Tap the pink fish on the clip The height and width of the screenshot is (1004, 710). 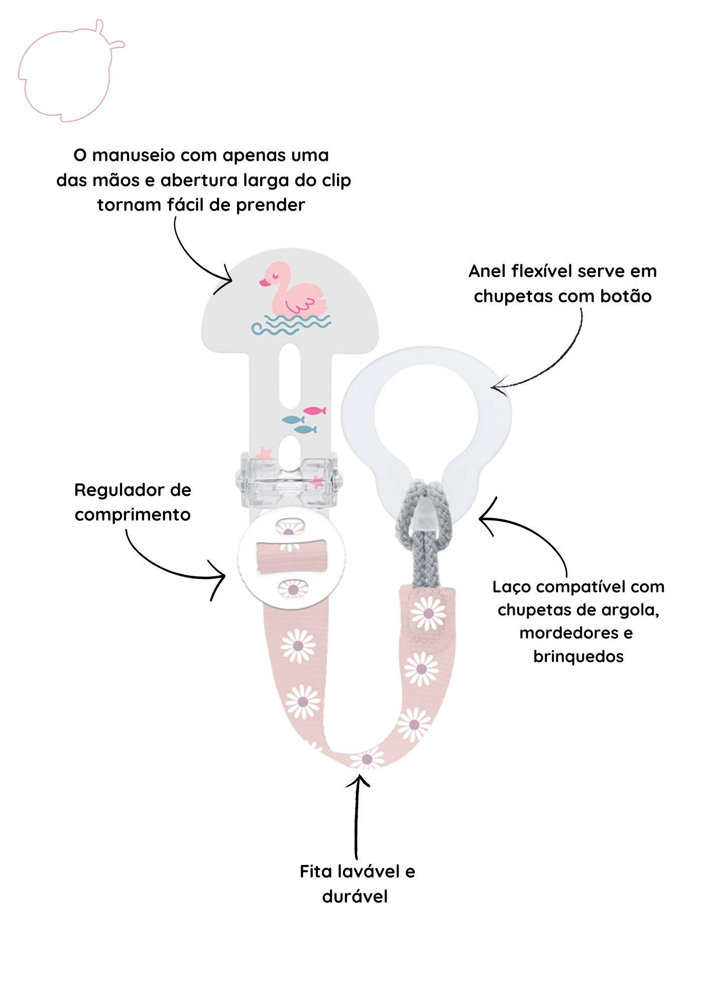[314, 411]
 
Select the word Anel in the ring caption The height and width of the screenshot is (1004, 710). [487, 272]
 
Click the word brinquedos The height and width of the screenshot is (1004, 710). [578, 656]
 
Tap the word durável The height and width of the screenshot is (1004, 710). [355, 896]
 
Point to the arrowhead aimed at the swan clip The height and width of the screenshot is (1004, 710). [225, 279]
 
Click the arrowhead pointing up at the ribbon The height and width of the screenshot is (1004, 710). [359, 781]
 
